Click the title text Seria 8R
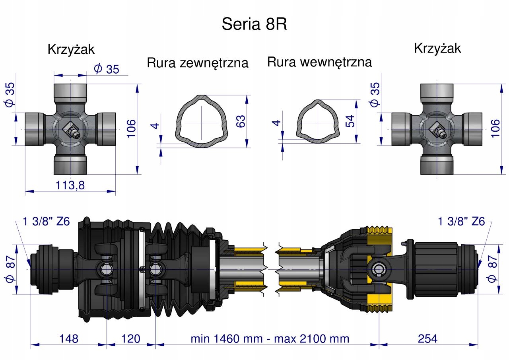pos(254,24)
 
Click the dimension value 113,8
pos(70,185)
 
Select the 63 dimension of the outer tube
pos(241,121)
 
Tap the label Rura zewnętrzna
pos(198,63)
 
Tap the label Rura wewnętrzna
pos(319,62)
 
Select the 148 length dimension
pos(69,339)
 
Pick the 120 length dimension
pos(131,339)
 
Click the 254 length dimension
pos(427,339)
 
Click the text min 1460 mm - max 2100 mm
pos(270,339)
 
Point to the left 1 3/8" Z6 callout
pos(46,221)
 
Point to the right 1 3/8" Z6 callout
pos(461,221)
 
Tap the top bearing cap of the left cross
pos(70,93)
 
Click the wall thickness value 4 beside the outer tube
pos(155,126)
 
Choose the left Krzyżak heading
pos(71,49)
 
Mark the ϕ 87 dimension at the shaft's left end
pos(10,269)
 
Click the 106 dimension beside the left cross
pos(131,129)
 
